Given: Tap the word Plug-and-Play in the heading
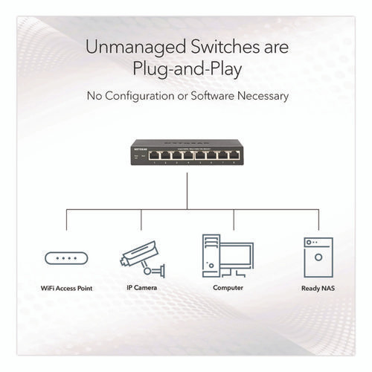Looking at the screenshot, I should (x=185, y=71).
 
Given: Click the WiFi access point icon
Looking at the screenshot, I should (x=67, y=258).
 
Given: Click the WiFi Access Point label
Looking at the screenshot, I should (x=67, y=288).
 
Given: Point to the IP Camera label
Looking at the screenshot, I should (x=141, y=288).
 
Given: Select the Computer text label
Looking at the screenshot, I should (x=228, y=288).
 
